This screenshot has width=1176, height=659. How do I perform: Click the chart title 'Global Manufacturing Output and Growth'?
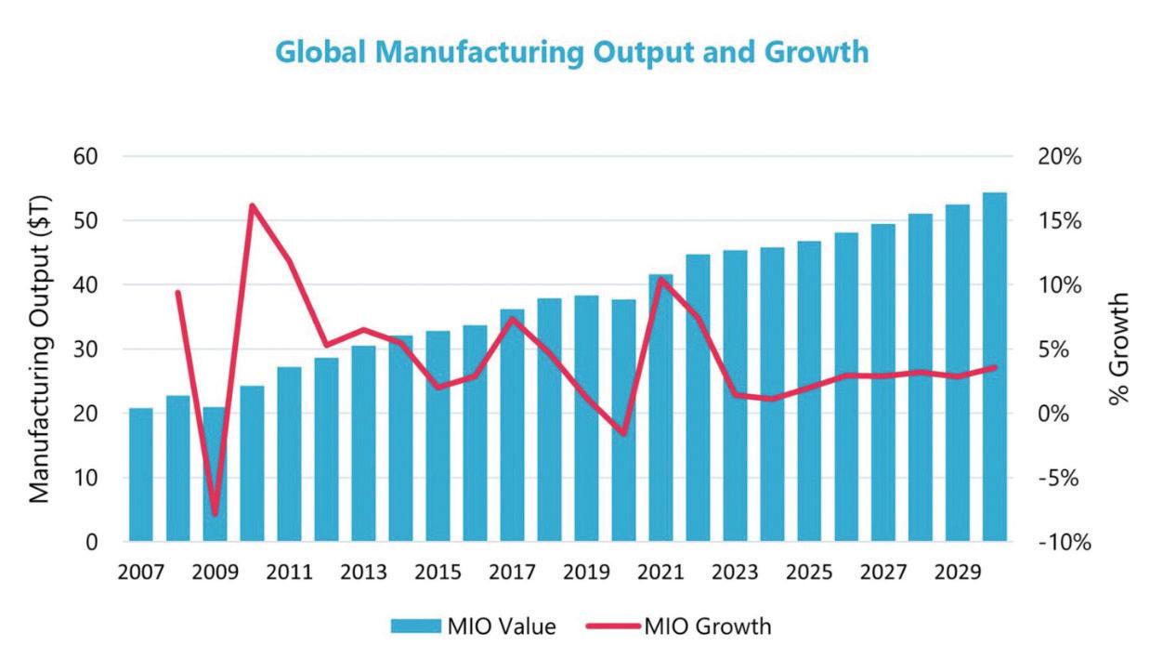pyautogui.click(x=571, y=52)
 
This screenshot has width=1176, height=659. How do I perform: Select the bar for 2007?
pyautogui.click(x=141, y=474)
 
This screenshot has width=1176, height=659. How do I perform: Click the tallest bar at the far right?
pyautogui.click(x=995, y=367)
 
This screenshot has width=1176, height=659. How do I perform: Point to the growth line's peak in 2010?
pyautogui.click(x=252, y=205)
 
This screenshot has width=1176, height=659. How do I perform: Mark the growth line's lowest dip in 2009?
pyautogui.click(x=216, y=513)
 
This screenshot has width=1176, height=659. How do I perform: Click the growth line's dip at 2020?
pyautogui.click(x=623, y=433)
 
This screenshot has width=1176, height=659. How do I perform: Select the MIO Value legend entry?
pyautogui.click(x=473, y=626)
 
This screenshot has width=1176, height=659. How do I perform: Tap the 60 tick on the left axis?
pyautogui.click(x=85, y=156)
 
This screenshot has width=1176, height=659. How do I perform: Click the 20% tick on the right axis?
pyautogui.click(x=1060, y=156)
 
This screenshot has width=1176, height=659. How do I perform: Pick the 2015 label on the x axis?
pyautogui.click(x=438, y=573)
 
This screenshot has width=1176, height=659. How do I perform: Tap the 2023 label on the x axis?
pyautogui.click(x=735, y=573)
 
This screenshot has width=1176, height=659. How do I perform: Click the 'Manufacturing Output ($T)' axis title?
pyautogui.click(x=39, y=349)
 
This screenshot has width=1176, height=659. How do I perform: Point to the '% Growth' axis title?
pyautogui.click(x=1121, y=349)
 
